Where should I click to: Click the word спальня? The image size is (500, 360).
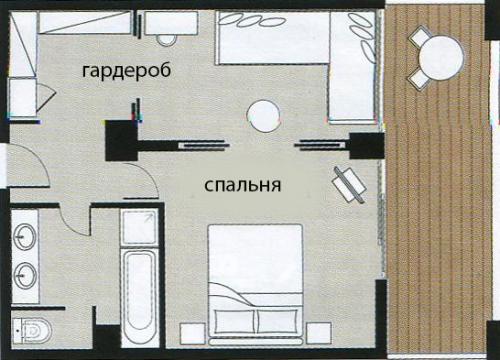click(x=240, y=185)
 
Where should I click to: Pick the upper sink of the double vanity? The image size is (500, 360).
click(x=27, y=238)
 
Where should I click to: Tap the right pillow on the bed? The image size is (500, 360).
click(x=279, y=318)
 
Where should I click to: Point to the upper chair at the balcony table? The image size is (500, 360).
click(x=420, y=37)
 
